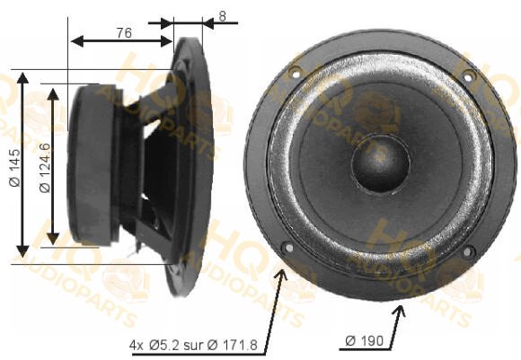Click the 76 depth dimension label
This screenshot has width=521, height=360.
click(x=124, y=33)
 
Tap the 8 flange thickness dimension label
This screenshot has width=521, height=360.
click(x=222, y=16)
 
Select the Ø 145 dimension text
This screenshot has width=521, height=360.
click(x=15, y=168)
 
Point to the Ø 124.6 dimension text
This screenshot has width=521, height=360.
click(x=45, y=168)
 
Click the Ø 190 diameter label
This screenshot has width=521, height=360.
click(x=364, y=341)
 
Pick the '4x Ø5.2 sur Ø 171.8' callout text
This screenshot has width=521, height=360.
click(x=193, y=346)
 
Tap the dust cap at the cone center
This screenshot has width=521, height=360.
click(x=381, y=162)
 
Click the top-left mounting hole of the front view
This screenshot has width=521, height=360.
click(x=295, y=73)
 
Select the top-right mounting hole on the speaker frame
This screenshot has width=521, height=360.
click(x=467, y=78)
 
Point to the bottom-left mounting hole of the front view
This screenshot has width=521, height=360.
click(x=288, y=248)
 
